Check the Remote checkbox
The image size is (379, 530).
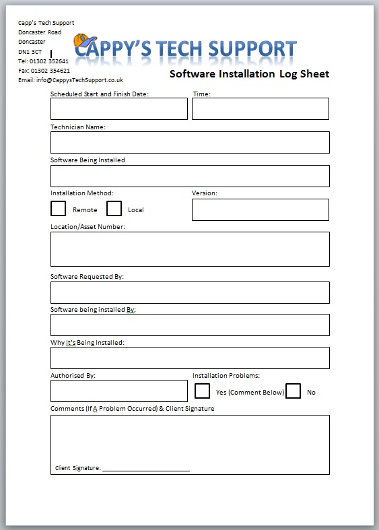59,209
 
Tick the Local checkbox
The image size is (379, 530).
114,209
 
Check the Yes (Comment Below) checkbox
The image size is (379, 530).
202,391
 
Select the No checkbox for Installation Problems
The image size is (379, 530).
293,391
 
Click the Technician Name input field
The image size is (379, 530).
190,142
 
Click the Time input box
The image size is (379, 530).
261,108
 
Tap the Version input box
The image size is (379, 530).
261,209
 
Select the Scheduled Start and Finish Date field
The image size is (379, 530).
118,108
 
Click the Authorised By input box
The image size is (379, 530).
118,391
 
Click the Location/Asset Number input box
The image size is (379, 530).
190,249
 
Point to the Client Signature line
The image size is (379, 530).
145,469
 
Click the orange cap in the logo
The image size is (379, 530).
83,43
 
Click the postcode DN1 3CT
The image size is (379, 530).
30,51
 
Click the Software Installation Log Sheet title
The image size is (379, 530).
249,74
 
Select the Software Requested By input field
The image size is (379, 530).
190,292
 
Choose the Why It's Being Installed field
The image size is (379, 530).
190,358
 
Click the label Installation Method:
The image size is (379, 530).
82,193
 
